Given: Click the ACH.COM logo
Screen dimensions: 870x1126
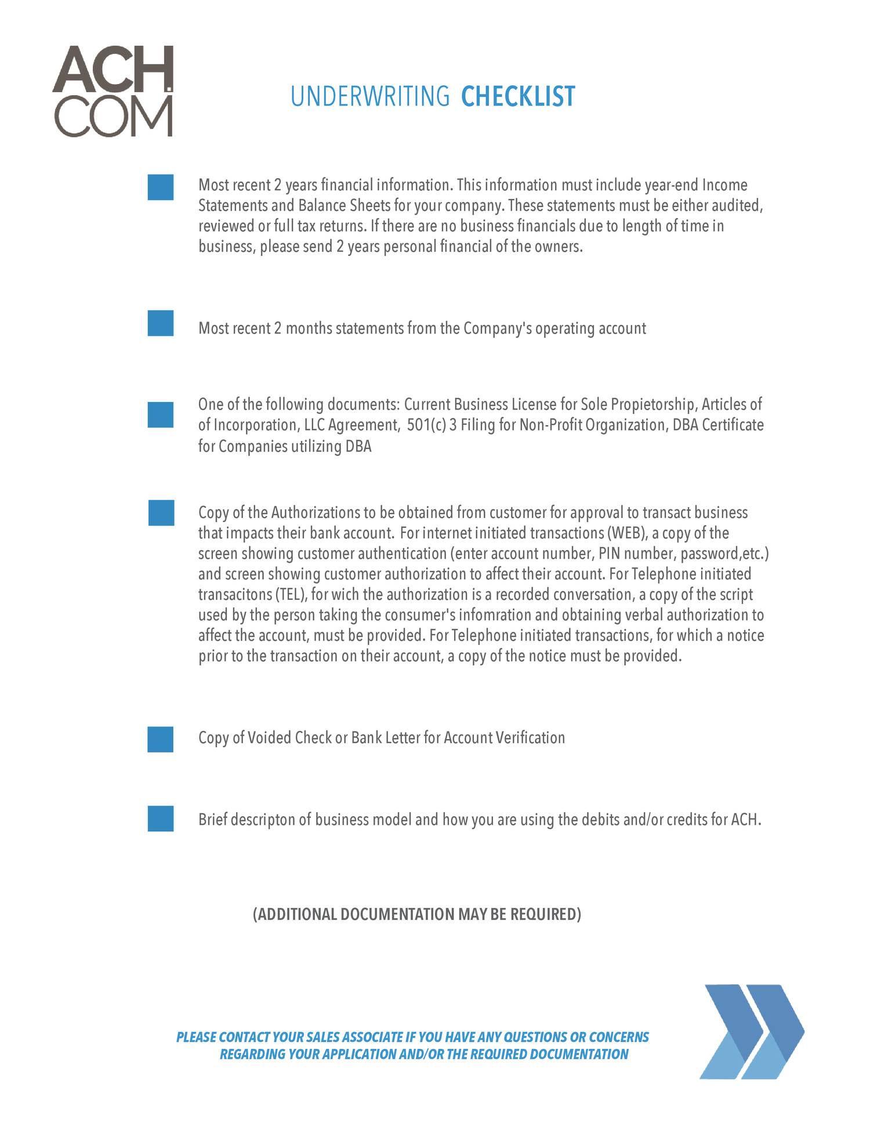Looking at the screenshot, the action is tap(113, 91).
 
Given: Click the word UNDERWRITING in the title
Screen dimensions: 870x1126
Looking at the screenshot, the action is tap(370, 96).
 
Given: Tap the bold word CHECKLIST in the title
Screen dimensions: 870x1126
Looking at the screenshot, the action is tap(517, 96).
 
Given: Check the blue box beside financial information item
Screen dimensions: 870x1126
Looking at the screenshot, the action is tap(161, 187).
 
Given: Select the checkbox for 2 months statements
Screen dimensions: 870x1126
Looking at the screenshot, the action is tap(161, 323).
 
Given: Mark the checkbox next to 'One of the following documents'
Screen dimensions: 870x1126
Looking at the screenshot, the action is tap(161, 415).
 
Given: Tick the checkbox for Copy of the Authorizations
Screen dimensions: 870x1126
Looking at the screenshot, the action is tap(161, 513).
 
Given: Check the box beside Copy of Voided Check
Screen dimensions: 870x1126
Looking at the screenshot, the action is tap(161, 739).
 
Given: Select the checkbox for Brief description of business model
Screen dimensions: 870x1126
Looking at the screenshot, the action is tap(161, 819).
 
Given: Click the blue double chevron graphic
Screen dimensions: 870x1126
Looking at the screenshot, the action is tap(752, 1031).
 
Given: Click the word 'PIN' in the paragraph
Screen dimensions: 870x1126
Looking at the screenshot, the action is tap(609, 553).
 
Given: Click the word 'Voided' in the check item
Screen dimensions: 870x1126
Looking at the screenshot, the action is tap(269, 738).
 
